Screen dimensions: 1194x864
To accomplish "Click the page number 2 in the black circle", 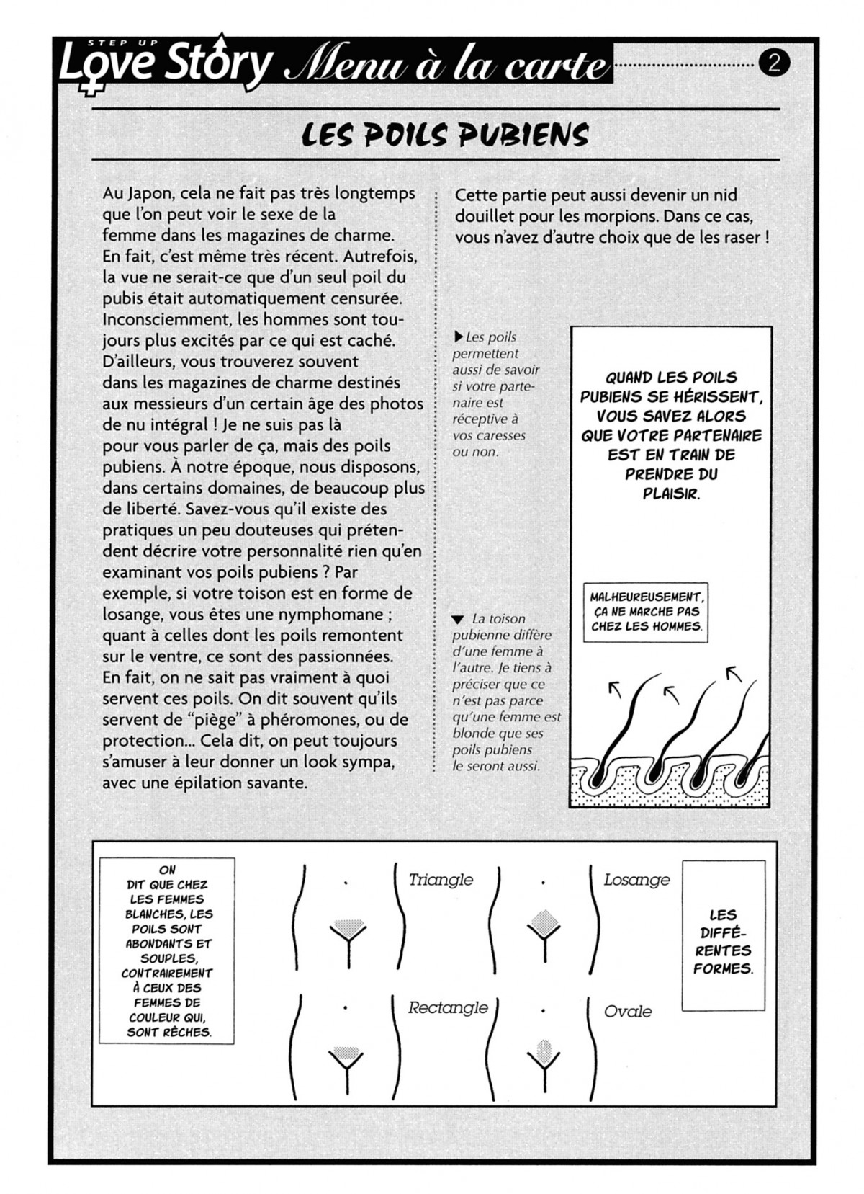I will pos(775,64).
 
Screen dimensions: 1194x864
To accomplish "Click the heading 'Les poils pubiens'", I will pos(445,135).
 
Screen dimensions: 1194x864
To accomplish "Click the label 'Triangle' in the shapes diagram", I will pos(441,880).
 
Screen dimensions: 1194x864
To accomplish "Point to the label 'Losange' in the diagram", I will pos(636,880).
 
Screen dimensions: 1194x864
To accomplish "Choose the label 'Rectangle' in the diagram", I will pos(447,1007).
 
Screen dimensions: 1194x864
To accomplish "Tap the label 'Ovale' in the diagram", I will pos(628,1012).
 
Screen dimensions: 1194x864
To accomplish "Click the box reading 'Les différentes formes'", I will pos(723,942).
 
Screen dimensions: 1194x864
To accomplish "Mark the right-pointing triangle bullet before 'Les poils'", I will pos(459,337).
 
